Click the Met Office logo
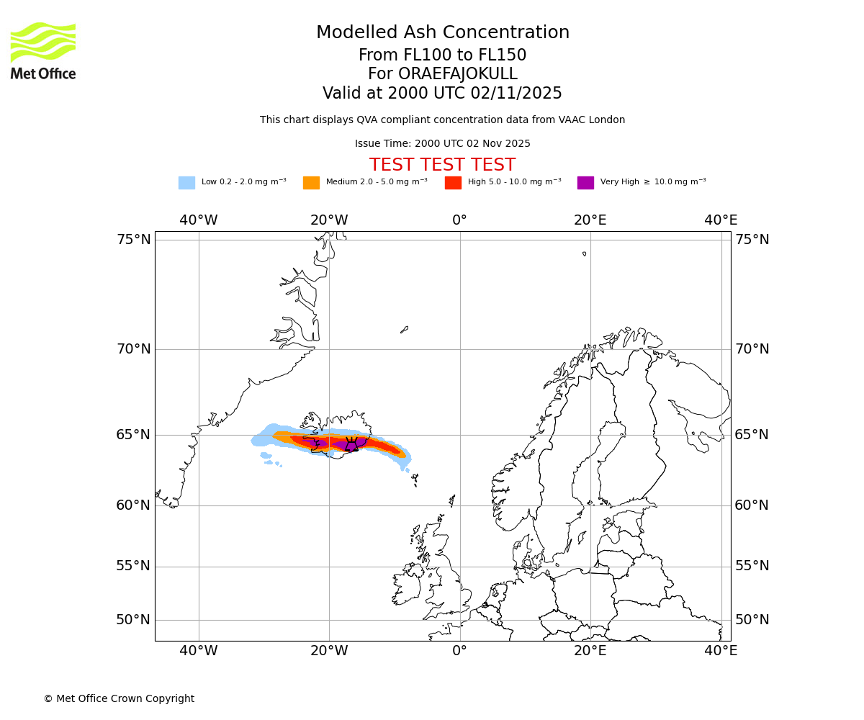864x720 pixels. point(43,50)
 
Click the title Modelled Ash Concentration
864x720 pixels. point(442,32)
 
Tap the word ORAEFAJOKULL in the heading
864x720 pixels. point(442,74)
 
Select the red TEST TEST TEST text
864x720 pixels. point(442,165)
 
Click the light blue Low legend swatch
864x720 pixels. point(186,182)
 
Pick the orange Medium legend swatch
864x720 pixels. point(311,182)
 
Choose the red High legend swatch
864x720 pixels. point(453,182)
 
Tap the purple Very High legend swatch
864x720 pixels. point(585,182)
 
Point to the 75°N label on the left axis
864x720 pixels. point(134,240)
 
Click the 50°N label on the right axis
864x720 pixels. point(752,620)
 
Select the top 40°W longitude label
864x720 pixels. point(199,220)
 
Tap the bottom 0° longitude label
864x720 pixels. point(459,651)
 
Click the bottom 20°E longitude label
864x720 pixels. point(590,651)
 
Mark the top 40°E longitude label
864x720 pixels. point(721,220)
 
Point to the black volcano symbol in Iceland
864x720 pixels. point(351,444)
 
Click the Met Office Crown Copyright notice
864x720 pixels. point(119,698)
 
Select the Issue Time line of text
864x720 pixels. point(442,143)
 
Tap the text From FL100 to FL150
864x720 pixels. point(442,55)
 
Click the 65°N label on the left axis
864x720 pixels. point(134,435)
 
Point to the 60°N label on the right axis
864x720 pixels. point(752,505)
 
